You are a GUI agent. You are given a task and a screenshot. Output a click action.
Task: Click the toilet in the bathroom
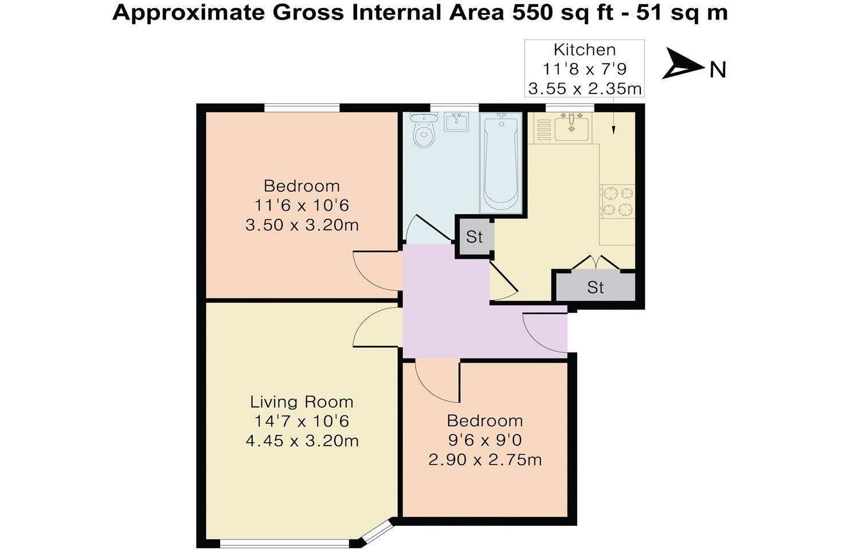click(424, 132)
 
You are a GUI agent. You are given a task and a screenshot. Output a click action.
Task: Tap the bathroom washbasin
click(457, 122)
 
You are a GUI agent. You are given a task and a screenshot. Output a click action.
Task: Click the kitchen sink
click(570, 127)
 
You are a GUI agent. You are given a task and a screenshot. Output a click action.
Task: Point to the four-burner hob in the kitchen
click(617, 202)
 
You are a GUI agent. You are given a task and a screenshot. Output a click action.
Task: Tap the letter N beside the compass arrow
click(718, 70)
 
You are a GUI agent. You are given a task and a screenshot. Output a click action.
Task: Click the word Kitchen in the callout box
click(584, 50)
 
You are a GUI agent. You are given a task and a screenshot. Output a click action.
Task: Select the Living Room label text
click(302, 401)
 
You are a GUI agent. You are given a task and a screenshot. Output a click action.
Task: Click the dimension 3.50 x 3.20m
click(302, 225)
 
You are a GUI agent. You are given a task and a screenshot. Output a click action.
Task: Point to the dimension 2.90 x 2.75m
click(485, 459)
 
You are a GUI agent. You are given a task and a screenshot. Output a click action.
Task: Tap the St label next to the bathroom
click(474, 237)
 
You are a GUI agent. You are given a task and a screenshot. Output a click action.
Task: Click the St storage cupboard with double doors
click(595, 286)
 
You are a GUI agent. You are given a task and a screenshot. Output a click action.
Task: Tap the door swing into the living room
click(373, 329)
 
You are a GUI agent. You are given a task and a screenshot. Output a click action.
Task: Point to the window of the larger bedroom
click(302, 108)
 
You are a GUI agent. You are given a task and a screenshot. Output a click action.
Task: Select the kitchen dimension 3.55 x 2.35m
click(584, 89)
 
